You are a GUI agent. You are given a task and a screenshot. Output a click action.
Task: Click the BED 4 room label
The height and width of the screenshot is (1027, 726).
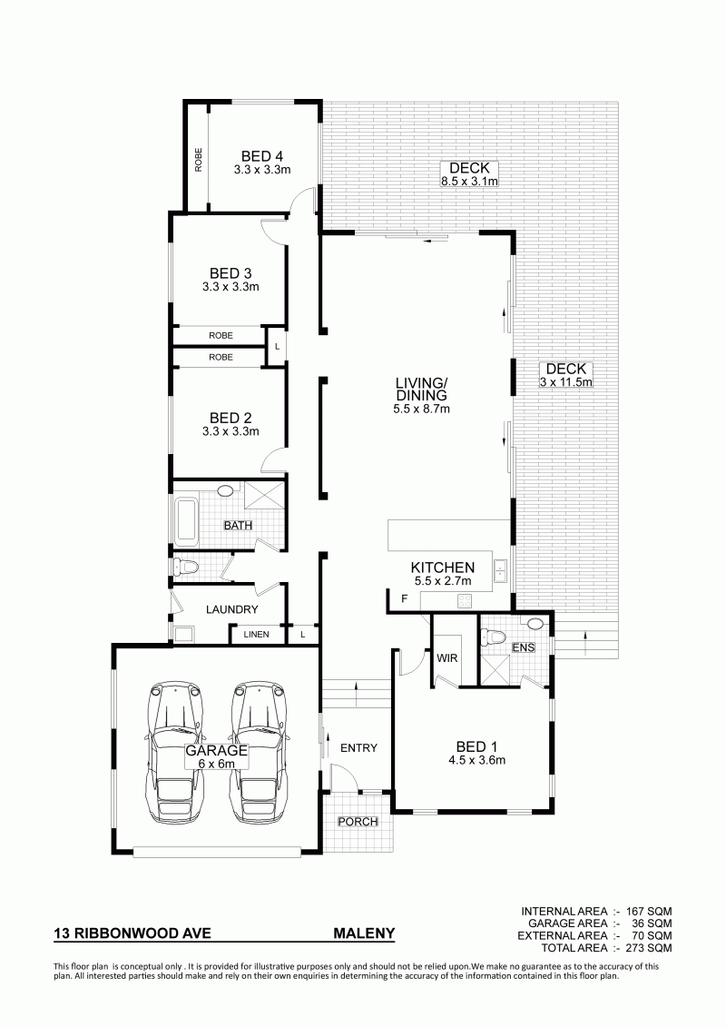[262, 156]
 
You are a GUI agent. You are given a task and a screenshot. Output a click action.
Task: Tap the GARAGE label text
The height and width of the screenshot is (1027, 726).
[216, 751]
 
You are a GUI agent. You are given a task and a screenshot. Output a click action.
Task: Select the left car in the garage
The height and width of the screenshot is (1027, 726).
[175, 753]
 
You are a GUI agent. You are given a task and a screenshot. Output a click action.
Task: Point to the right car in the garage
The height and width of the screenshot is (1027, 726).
[260, 753]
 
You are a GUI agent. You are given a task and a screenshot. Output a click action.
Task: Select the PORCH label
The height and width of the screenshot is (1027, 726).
[358, 822]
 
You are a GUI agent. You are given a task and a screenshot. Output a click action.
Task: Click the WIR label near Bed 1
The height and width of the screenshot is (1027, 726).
[446, 657]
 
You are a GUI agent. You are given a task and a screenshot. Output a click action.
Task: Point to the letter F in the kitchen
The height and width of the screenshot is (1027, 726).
[404, 598]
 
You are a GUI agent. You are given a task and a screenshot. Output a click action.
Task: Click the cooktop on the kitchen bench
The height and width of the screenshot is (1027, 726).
[465, 599]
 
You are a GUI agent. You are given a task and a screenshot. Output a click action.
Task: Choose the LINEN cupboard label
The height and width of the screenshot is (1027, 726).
[256, 634]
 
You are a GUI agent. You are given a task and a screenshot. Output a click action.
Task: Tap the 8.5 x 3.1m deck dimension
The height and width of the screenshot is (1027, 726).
[469, 182]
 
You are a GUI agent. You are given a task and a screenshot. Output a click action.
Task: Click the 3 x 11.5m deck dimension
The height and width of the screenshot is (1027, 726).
[566, 382]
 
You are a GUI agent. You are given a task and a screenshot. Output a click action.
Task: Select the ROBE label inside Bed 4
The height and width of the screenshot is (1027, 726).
[199, 160]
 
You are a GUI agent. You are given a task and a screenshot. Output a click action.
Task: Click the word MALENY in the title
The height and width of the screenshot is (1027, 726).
[365, 933]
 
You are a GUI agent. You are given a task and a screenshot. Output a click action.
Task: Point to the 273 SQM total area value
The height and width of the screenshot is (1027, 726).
[649, 948]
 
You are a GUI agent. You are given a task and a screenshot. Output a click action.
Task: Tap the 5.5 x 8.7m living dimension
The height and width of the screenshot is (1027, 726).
[421, 409]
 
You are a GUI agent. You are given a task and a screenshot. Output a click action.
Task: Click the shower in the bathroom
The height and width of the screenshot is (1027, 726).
[264, 495]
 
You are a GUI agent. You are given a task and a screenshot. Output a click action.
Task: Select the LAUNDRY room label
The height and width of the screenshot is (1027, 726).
[231, 609]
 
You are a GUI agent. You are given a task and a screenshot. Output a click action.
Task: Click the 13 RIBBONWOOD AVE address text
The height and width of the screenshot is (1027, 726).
[132, 933]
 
